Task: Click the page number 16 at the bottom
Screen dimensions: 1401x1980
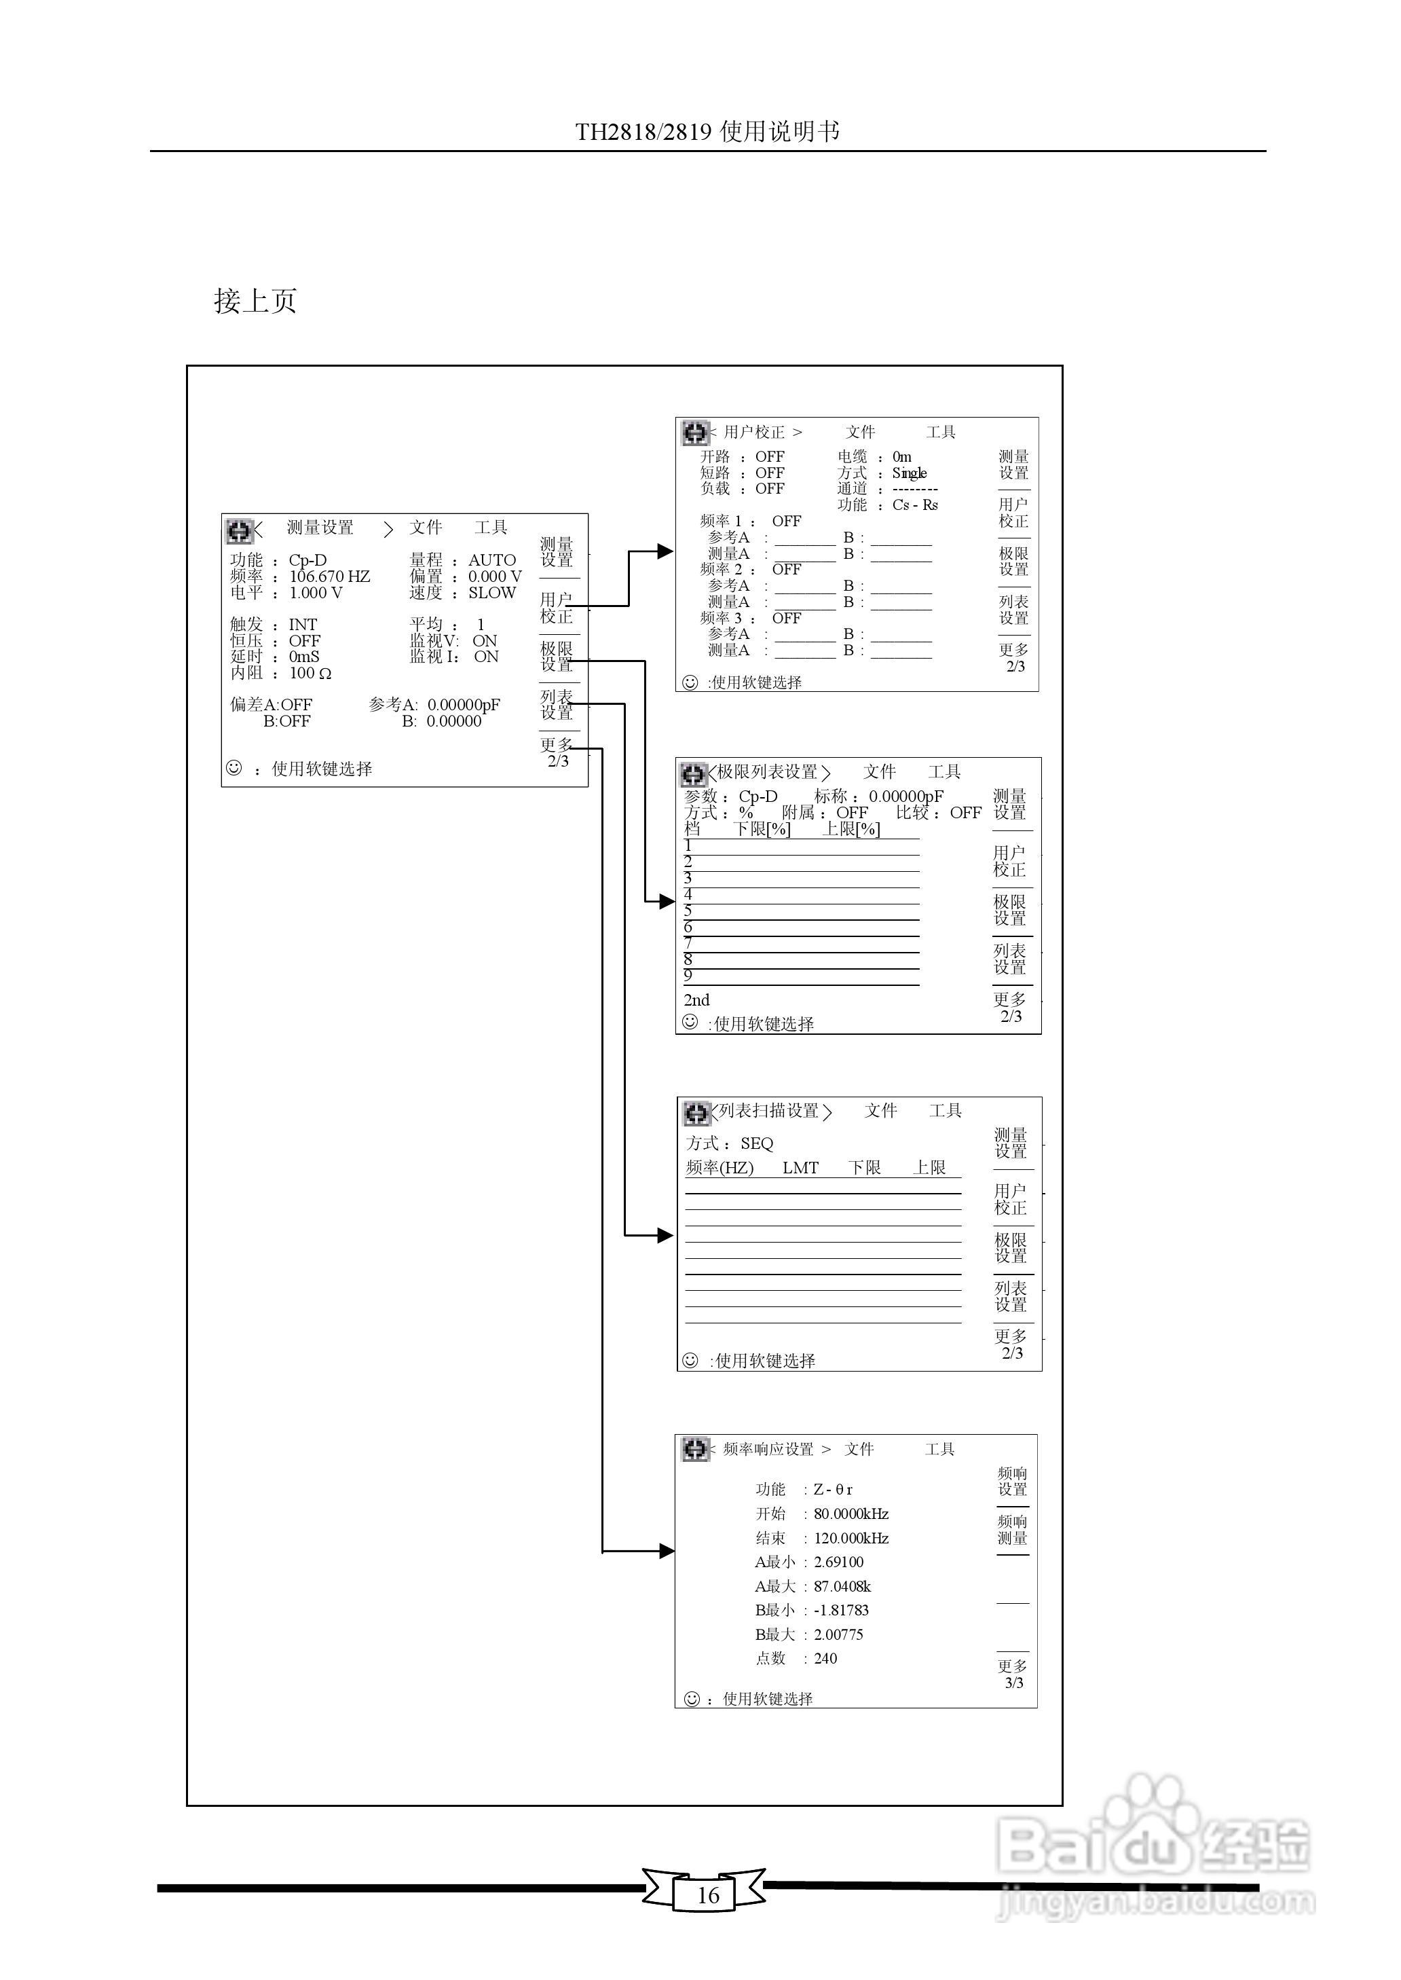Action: click(x=707, y=1894)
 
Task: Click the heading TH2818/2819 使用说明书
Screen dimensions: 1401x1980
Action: click(x=707, y=131)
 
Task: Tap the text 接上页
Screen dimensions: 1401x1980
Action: click(x=255, y=301)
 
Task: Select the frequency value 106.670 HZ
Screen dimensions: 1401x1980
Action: click(x=329, y=576)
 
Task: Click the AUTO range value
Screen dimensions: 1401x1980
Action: click(x=491, y=560)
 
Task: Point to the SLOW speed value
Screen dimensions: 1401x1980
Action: click(x=491, y=593)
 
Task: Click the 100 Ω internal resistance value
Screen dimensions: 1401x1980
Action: click(x=310, y=673)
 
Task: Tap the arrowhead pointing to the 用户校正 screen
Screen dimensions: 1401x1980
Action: click(x=665, y=551)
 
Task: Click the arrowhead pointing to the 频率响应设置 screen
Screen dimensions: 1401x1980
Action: click(x=666, y=1550)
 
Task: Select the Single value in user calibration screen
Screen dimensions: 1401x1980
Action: click(x=910, y=473)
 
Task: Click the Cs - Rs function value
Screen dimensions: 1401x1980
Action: click(x=914, y=505)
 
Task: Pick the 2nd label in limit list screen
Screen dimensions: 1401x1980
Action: click(x=696, y=1000)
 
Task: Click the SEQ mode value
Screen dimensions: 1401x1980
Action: click(x=757, y=1143)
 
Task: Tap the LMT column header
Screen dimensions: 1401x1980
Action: click(x=800, y=1167)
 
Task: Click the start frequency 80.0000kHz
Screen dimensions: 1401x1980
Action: click(x=851, y=1514)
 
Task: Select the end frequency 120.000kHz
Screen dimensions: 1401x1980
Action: click(x=851, y=1537)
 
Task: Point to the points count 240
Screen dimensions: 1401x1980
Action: click(x=825, y=1657)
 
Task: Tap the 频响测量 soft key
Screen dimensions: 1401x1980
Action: click(x=1013, y=1530)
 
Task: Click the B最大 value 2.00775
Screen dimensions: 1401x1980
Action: click(x=838, y=1634)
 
